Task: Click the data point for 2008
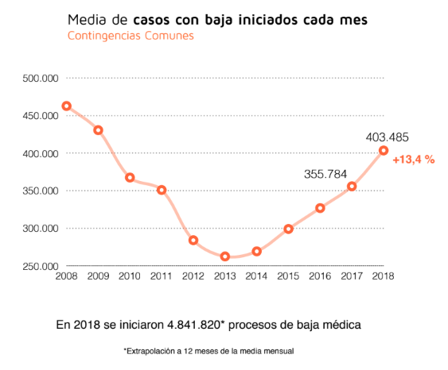click(x=67, y=106)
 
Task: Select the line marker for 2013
click(x=225, y=256)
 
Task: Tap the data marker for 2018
click(x=384, y=151)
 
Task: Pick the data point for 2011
click(x=162, y=190)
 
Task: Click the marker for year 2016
click(x=320, y=208)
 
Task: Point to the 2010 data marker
click(x=130, y=178)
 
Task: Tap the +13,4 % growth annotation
click(x=413, y=160)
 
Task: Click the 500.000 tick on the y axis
click(x=40, y=78)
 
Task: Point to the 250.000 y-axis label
click(x=40, y=266)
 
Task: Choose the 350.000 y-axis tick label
click(x=40, y=191)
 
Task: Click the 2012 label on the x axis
click(x=193, y=277)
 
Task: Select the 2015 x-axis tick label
click(x=288, y=277)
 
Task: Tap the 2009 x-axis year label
click(x=99, y=277)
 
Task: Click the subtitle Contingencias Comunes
click(x=131, y=37)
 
